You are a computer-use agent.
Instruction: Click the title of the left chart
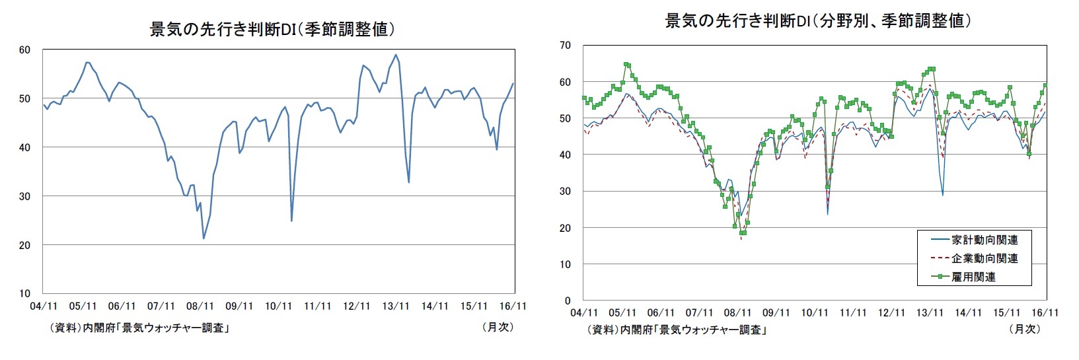click(272, 30)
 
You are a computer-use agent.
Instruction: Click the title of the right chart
click(817, 21)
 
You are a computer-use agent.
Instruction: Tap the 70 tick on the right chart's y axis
click(566, 46)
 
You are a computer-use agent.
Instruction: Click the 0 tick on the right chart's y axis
click(569, 301)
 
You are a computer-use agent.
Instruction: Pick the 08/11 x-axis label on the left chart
click(200, 306)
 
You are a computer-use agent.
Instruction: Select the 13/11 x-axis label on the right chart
click(930, 312)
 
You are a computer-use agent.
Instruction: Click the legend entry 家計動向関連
click(985, 240)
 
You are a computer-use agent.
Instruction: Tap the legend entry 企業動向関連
click(985, 259)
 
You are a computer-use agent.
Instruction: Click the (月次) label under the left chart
click(498, 327)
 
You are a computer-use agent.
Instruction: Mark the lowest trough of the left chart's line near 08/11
click(204, 238)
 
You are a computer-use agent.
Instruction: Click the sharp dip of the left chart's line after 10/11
click(291, 221)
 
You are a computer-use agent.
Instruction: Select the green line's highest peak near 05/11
click(626, 65)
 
